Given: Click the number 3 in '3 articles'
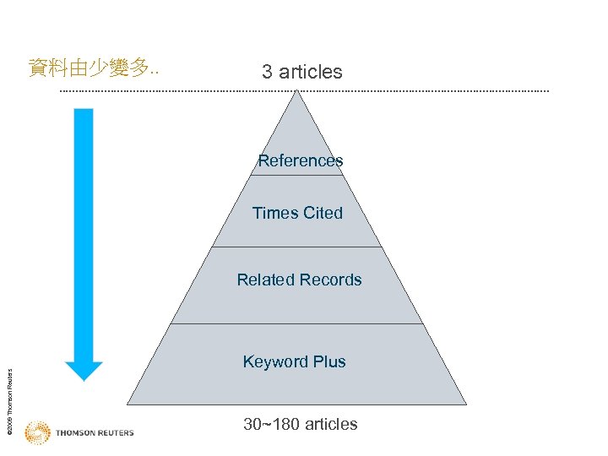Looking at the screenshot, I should point(267,72).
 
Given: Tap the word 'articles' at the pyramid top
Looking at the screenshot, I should point(311,72).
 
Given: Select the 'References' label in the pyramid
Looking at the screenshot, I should point(301,160).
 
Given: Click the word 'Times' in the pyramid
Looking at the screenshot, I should point(275,213).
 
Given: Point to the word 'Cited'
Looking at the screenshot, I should point(323,213).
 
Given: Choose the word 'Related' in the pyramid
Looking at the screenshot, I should point(265,280).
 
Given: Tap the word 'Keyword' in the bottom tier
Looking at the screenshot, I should point(276,361).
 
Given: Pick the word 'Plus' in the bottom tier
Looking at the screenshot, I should point(329,361).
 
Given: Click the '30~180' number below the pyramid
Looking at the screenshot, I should point(269,424).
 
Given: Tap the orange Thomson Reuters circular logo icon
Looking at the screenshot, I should point(37,432).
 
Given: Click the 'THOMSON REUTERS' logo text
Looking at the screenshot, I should point(95,433).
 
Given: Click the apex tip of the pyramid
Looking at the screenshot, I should point(296,91).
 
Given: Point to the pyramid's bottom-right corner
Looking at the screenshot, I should point(465,404).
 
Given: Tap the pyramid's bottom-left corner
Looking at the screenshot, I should point(128,404).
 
